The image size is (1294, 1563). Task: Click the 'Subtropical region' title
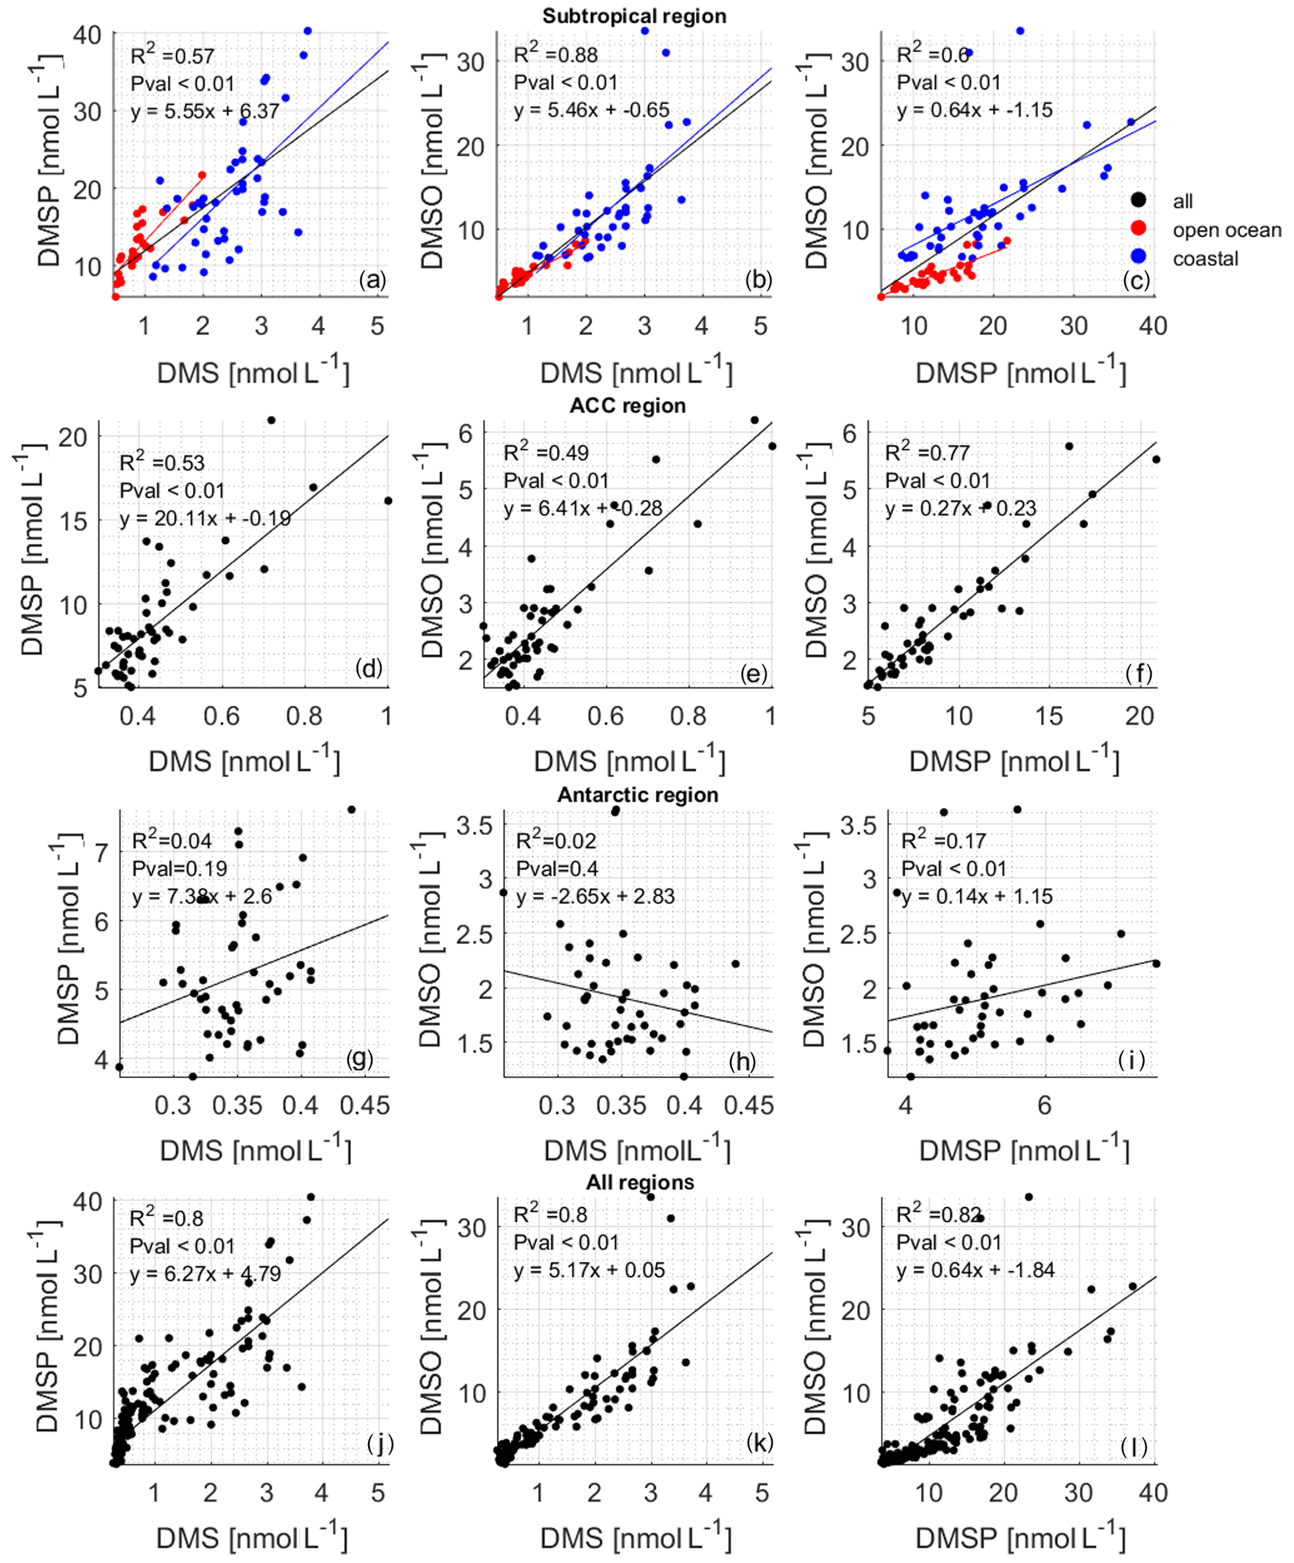click(634, 16)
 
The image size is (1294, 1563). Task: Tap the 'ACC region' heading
click(628, 405)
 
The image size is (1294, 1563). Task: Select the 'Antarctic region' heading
click(637, 794)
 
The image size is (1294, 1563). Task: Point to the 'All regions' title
click(640, 1182)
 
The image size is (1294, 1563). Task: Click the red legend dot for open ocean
click(1137, 228)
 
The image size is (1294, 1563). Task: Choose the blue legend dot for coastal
click(1137, 257)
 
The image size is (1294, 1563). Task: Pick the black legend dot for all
click(1137, 200)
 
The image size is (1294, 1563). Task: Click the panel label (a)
click(372, 280)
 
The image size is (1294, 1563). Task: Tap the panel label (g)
click(359, 1058)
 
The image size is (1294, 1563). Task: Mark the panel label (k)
click(759, 1442)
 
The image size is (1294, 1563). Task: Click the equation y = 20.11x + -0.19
click(205, 518)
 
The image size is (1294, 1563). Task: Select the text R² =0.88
click(555, 54)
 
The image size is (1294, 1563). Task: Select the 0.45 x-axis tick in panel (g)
click(364, 1105)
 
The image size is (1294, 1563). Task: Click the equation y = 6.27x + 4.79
click(205, 1273)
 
